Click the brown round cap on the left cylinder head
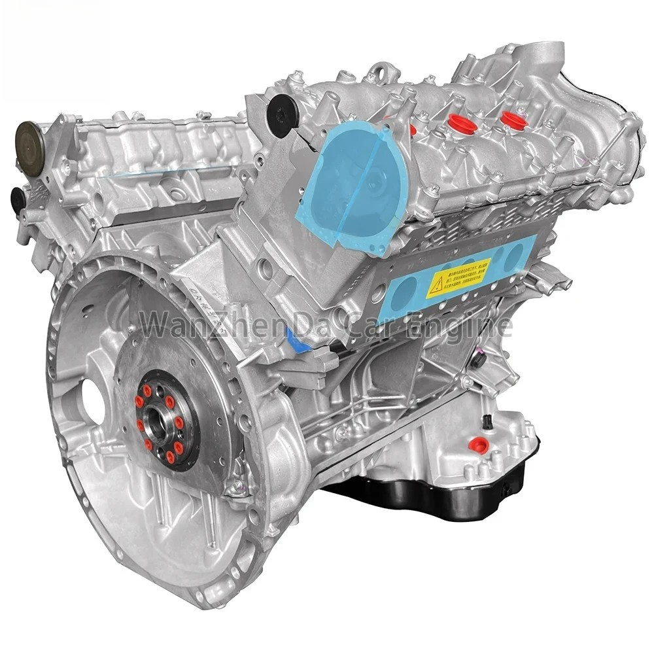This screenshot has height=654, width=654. (x=29, y=137)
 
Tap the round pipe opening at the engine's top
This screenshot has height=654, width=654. (x=543, y=52)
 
